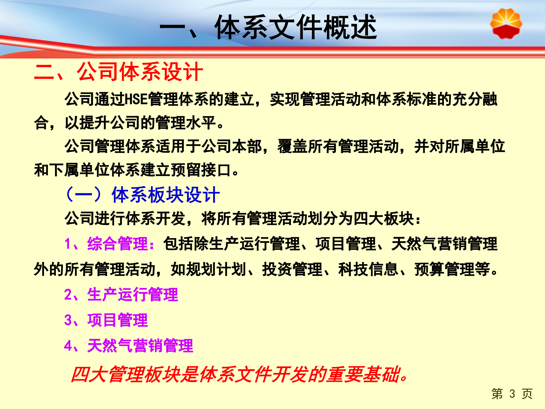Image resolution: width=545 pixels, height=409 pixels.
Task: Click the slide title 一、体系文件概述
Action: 268,28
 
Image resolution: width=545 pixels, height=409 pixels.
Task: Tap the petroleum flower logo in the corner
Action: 506,24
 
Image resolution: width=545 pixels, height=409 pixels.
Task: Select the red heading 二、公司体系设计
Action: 118,72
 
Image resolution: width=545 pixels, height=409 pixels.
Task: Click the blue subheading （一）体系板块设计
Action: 143,195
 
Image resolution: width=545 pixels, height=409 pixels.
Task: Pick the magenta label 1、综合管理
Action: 109,244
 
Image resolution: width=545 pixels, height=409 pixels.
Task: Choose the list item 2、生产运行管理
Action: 121,295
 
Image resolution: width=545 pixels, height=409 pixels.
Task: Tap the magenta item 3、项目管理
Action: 106,320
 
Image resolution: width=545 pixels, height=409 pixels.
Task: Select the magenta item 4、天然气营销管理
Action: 129,346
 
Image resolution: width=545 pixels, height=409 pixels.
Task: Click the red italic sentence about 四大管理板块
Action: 240,374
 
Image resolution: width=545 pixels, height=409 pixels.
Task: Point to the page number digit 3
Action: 512,394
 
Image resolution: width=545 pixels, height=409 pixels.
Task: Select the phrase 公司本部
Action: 232,147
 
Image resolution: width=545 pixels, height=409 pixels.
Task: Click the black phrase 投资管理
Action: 292,269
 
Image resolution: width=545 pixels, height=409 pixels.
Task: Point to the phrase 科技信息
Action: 368,269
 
